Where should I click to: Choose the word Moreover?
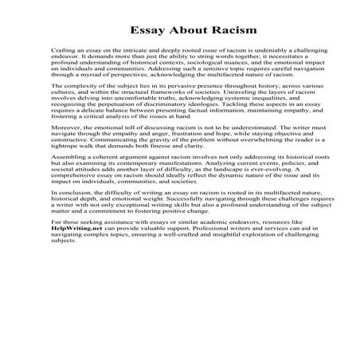[x=87, y=152]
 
